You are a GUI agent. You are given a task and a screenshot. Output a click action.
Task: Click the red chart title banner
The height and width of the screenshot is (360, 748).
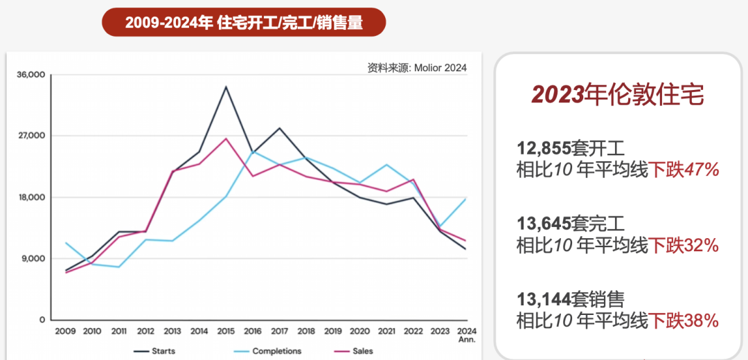pos(244,22)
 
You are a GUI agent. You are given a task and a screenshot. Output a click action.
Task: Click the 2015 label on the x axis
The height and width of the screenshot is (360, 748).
pos(226,332)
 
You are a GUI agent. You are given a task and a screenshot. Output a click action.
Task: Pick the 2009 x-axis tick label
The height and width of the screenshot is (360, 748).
pos(65,332)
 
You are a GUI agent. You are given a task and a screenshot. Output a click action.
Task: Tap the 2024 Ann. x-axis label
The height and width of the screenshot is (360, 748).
pos(466,335)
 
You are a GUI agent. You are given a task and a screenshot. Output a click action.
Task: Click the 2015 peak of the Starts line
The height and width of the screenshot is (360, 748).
pos(226,87)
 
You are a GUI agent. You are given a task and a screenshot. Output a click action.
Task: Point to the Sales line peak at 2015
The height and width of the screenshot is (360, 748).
pos(226,138)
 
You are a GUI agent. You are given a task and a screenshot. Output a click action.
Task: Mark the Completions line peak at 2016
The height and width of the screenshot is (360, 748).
pos(253,151)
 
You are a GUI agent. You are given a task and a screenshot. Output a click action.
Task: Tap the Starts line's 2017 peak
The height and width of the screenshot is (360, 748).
pos(279,128)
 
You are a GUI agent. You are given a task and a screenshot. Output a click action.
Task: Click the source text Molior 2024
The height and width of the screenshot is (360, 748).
pos(417,68)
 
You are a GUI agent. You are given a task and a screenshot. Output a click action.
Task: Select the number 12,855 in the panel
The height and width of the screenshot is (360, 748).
pos(544,147)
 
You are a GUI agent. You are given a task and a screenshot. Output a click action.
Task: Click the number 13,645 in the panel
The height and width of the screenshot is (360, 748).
pos(544,223)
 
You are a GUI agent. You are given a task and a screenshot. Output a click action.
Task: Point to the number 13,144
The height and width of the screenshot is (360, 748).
pos(544,299)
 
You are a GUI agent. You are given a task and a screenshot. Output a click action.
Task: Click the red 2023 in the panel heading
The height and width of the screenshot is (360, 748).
pos(558,96)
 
